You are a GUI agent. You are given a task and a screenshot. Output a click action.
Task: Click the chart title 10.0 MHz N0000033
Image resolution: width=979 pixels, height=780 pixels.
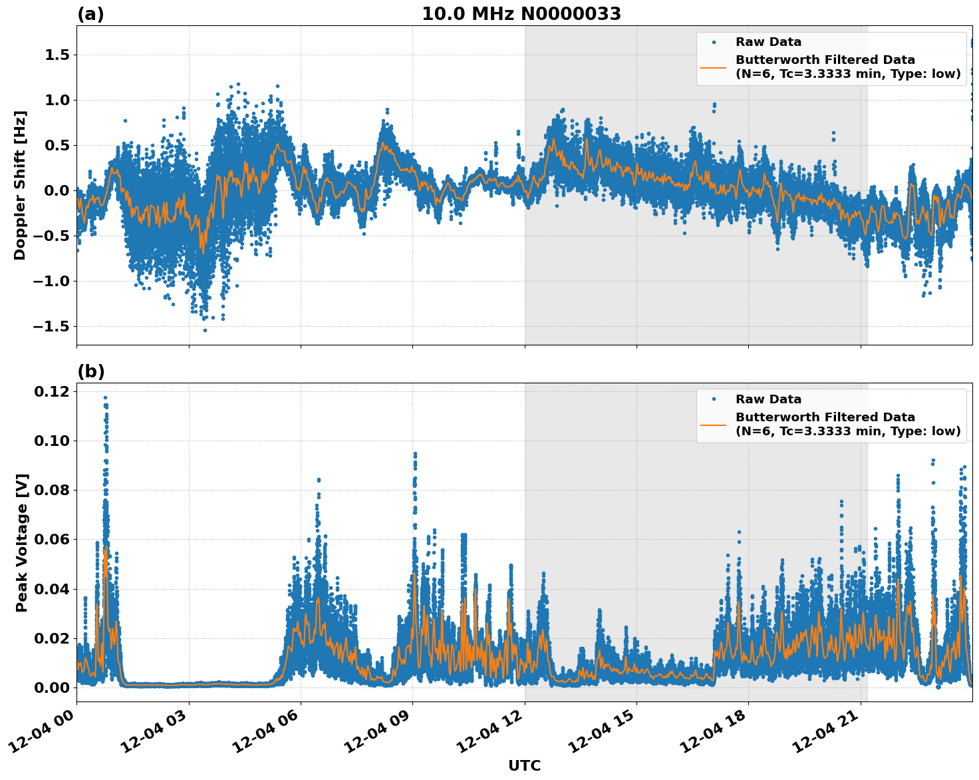pyautogui.click(x=521, y=14)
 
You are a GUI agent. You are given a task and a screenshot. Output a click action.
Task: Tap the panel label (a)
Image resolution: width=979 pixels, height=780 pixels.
pyautogui.click(x=90, y=14)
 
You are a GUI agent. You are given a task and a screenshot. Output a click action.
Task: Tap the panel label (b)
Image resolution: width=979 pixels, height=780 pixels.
pyautogui.click(x=90, y=371)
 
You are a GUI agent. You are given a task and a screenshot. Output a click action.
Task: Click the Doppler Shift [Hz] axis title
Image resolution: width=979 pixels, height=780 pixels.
pyautogui.click(x=20, y=185)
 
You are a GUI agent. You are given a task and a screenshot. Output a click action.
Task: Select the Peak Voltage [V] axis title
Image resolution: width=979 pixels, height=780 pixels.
pyautogui.click(x=21, y=542)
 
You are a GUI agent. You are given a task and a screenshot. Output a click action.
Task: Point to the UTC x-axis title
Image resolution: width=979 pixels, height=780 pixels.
pyautogui.click(x=524, y=765)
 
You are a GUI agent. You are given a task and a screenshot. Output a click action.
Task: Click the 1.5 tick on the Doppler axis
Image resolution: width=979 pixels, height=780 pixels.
pyautogui.click(x=57, y=55)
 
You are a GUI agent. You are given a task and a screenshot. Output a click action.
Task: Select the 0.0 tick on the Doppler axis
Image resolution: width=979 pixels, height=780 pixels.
pyautogui.click(x=57, y=190)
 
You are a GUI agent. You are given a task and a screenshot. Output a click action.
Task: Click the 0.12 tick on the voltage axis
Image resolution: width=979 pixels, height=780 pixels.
pyautogui.click(x=53, y=391)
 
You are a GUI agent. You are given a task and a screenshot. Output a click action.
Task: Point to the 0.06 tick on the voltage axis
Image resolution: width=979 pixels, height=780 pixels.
pyautogui.click(x=53, y=539)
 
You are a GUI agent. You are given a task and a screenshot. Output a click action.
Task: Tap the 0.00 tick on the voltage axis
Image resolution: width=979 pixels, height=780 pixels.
pyautogui.click(x=53, y=687)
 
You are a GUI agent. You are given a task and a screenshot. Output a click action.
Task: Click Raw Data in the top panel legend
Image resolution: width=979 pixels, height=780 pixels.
pyautogui.click(x=768, y=42)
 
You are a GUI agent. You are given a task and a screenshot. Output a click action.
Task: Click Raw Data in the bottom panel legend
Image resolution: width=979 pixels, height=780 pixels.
pyautogui.click(x=768, y=399)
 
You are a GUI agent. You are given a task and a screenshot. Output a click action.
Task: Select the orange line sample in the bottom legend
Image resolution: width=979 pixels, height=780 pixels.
pyautogui.click(x=713, y=424)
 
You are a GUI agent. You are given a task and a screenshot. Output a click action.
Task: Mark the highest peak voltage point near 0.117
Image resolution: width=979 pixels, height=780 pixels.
pyautogui.click(x=105, y=398)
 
